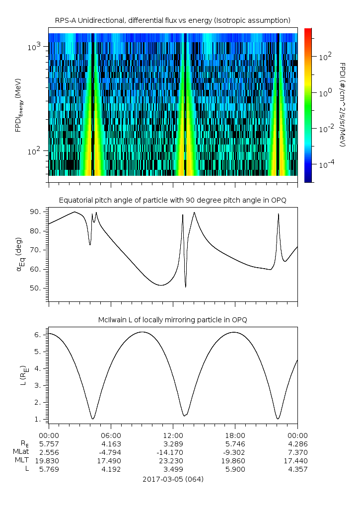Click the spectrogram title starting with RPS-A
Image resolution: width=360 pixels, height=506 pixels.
click(x=172, y=20)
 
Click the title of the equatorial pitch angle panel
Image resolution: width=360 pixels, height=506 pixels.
click(x=172, y=200)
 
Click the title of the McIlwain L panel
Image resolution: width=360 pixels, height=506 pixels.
click(x=172, y=320)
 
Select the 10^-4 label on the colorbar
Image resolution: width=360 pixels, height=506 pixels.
click(x=325, y=164)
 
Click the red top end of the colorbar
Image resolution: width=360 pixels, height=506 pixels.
click(x=308, y=30)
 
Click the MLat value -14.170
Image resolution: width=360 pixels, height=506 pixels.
click(x=173, y=452)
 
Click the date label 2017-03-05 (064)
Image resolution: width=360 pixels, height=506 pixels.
click(x=173, y=480)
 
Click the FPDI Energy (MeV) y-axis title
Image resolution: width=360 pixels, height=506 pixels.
click(x=18, y=104)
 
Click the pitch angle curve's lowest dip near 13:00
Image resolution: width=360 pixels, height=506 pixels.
click(x=186, y=287)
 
